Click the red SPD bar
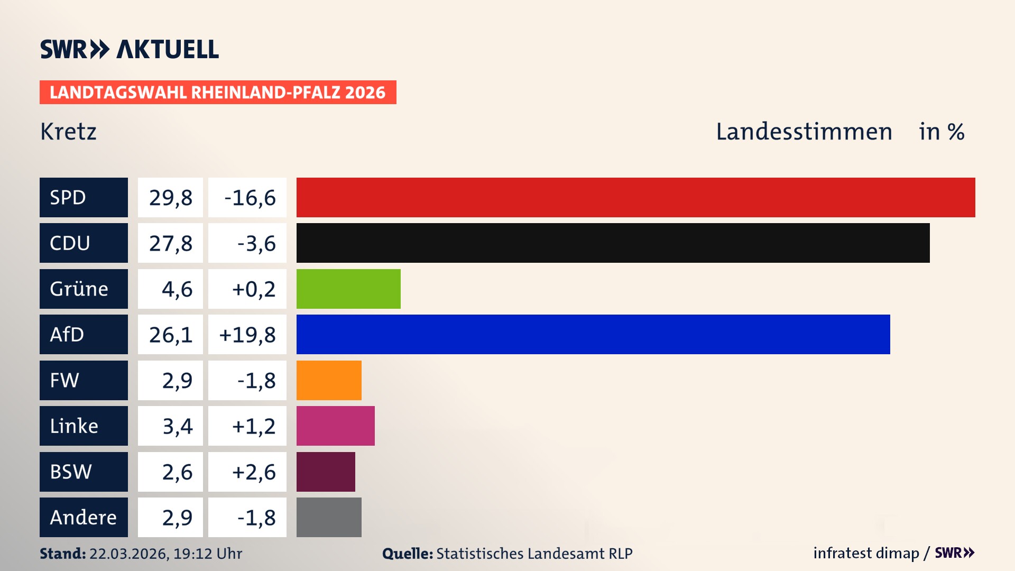635,197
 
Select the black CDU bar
613,243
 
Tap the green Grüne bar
348,289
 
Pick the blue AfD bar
593,334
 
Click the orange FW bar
329,380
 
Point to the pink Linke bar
335,426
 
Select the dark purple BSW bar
326,472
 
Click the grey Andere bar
329,517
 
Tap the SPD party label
84,197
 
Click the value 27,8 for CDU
170,243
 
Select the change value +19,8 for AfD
247,334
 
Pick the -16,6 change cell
247,197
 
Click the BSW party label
84,472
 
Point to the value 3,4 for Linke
170,426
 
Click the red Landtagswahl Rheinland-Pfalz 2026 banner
217,92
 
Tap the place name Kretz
68,132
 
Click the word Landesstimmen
804,132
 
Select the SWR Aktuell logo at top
129,49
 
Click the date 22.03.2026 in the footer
128,554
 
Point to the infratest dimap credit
866,553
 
